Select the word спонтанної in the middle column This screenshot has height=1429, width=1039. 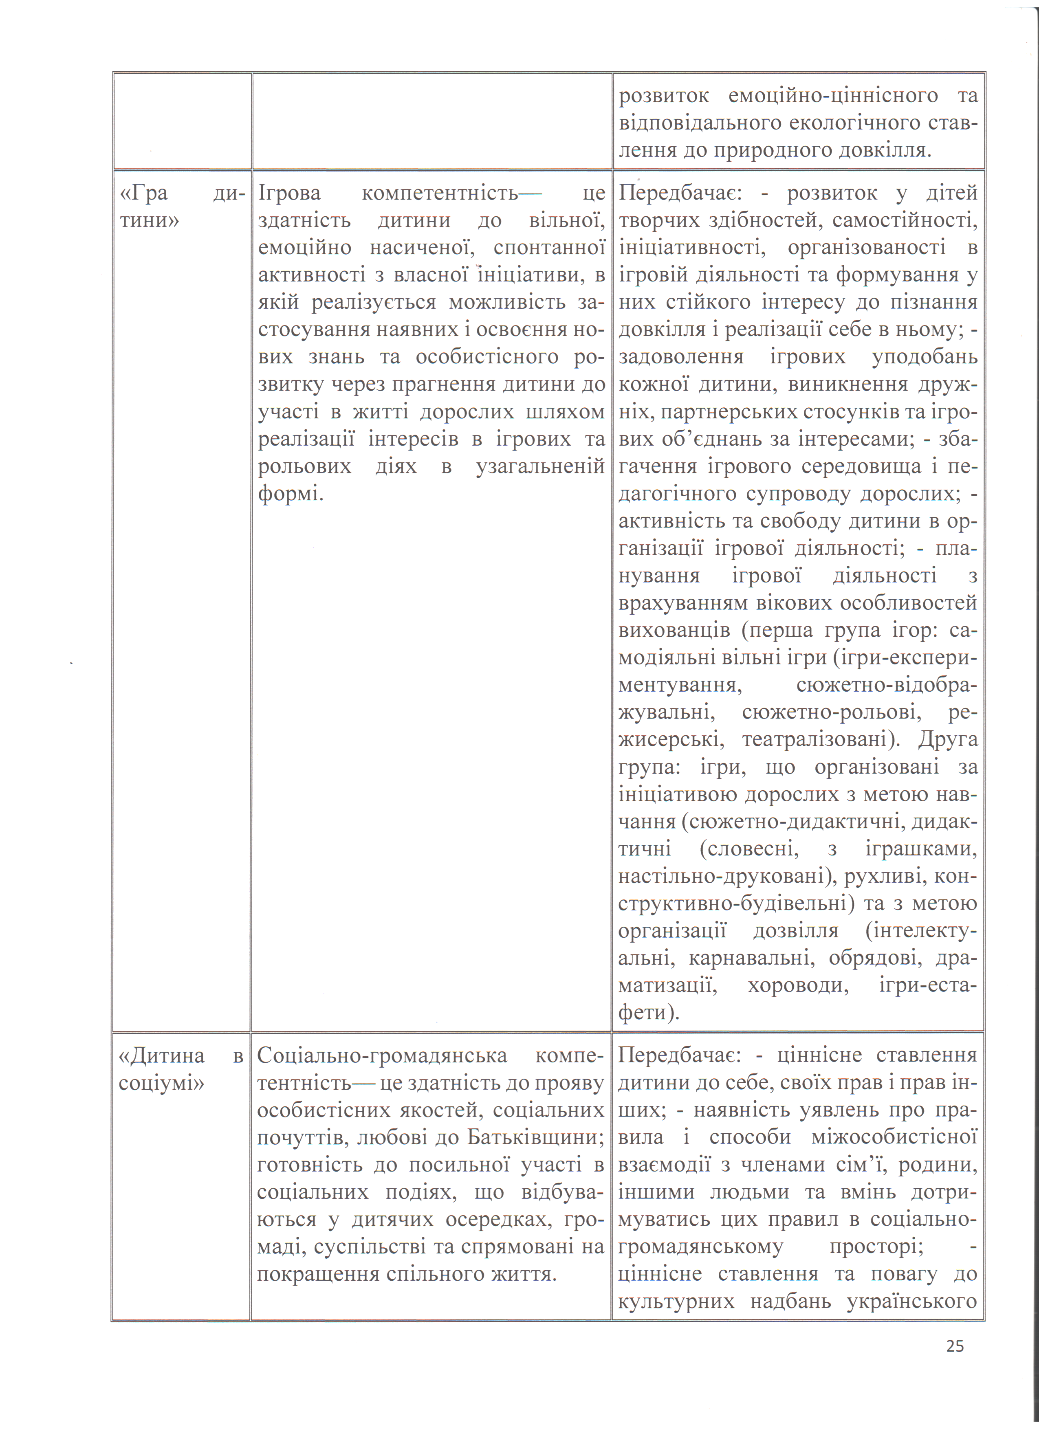(549, 248)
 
